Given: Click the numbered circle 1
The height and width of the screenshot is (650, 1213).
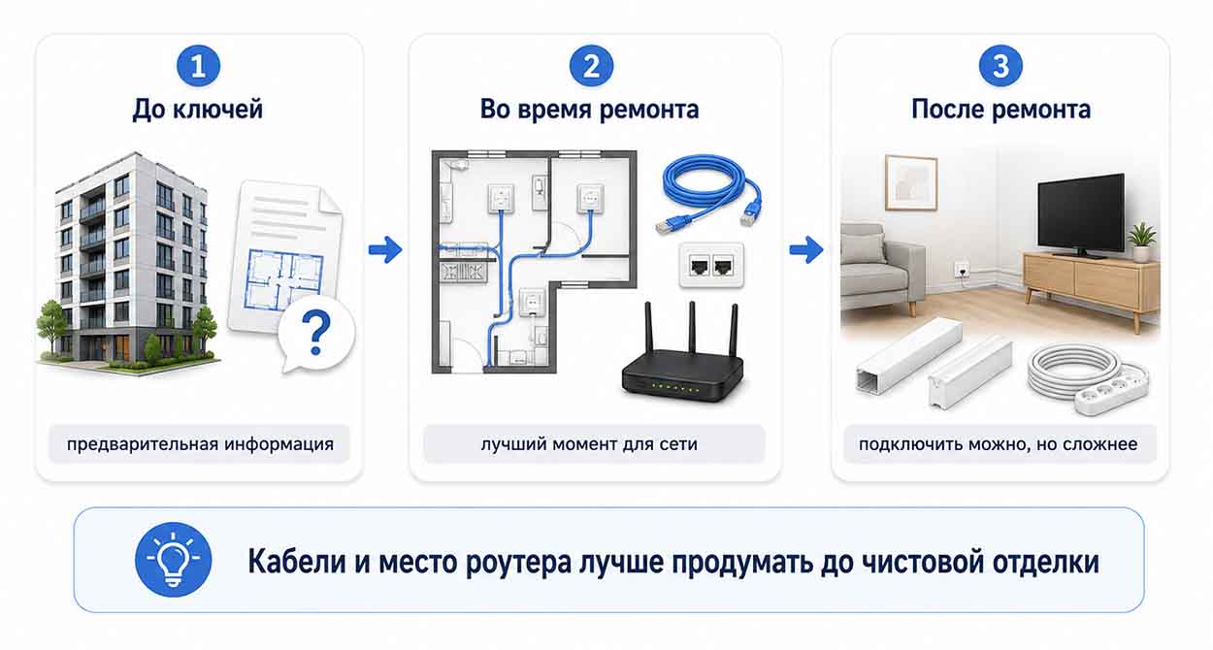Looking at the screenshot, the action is [198, 66].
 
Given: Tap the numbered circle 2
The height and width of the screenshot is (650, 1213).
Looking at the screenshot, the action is [591, 66].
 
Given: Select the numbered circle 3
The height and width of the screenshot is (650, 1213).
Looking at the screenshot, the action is [1000, 66].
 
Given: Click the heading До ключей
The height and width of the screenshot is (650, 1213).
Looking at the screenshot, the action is [198, 110].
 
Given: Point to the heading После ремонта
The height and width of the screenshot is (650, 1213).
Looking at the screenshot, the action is [1000, 110].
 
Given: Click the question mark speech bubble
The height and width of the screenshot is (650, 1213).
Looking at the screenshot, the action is [316, 335].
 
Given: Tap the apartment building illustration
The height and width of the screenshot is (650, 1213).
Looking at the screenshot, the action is [129, 263].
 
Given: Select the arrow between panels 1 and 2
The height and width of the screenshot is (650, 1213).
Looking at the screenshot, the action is [385, 250].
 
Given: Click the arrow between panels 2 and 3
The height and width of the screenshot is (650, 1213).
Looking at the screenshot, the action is [806, 250].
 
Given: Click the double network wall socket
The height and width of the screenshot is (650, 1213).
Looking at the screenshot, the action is [711, 266].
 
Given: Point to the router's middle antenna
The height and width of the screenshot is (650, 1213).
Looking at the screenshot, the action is [692, 329].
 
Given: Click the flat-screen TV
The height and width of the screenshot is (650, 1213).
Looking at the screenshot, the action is [1081, 215].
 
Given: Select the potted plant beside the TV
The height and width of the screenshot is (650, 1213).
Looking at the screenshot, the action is [1141, 243].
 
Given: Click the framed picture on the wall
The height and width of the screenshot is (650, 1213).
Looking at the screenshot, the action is [911, 182].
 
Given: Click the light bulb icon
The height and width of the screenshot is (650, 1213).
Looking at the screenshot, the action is [174, 560].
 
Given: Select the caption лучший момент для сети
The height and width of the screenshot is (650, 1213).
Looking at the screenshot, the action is [589, 444].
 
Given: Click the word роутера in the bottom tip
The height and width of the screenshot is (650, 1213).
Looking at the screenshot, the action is [518, 563].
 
